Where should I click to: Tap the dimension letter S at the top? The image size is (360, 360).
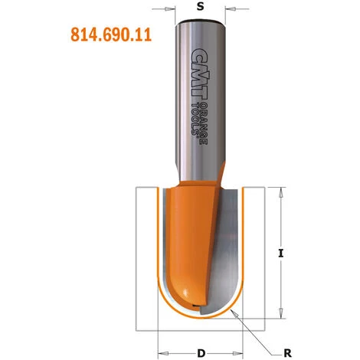point(201,7)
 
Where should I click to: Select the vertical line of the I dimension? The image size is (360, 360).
point(283,230)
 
